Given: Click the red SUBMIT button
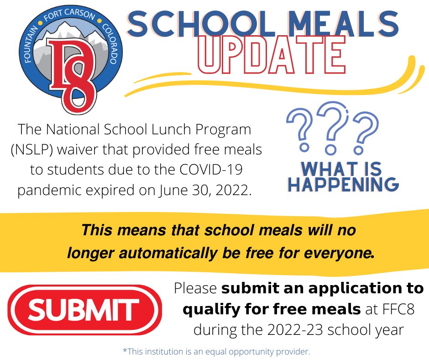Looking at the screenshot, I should [x=84, y=310].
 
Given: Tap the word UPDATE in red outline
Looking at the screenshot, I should [x=273, y=55].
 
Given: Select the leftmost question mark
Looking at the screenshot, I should [x=302, y=130].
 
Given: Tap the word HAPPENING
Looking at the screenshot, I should [x=344, y=184].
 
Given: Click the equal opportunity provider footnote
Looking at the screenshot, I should [x=216, y=352].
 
